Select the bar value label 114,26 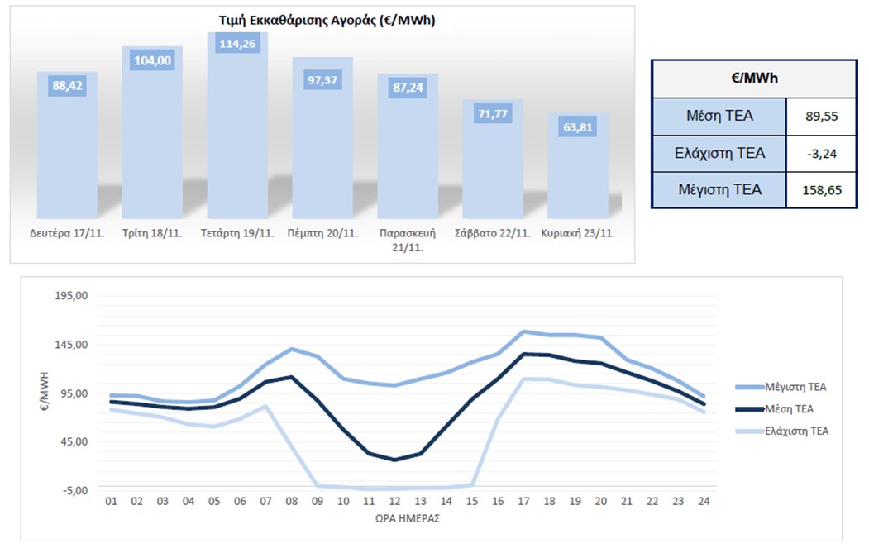[237, 43]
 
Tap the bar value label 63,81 [578, 127]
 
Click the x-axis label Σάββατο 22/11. [492, 233]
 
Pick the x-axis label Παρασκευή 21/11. [408, 240]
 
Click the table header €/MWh [753, 79]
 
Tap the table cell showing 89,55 [822, 117]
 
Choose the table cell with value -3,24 [822, 153]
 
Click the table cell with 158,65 [822, 190]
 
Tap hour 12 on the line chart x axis [394, 501]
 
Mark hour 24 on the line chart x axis [702, 501]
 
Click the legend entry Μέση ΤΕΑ [789, 408]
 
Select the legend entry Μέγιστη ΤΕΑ [795, 386]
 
